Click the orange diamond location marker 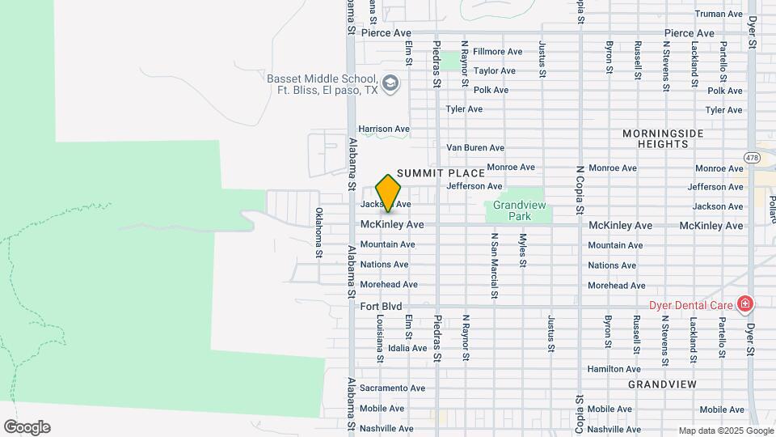pos(388,193)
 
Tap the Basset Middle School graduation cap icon pos(390,83)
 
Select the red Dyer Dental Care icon pos(744,305)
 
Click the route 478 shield pos(753,159)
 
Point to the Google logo pos(27,427)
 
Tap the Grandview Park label pos(518,211)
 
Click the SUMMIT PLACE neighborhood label pos(441,173)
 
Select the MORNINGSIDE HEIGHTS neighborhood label pos(663,138)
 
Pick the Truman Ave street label pos(719,14)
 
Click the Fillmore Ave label pos(497,52)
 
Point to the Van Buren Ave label pos(475,148)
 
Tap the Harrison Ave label pos(384,129)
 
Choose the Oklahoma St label pos(318,233)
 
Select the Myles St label pos(523,251)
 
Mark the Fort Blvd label pos(381,306)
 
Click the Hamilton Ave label pos(614,369)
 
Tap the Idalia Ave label pos(407,348)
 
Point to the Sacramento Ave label pos(392,388)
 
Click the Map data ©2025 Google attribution pos(725,431)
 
